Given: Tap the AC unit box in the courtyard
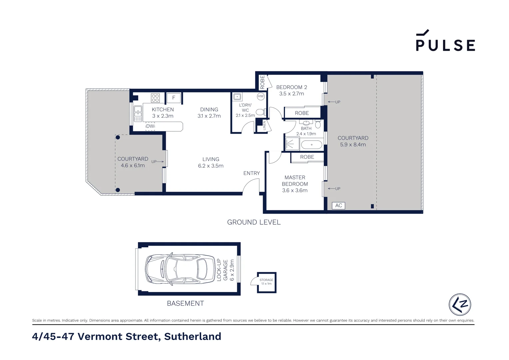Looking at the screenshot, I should [x=338, y=206].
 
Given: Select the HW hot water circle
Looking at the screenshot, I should [x=260, y=96].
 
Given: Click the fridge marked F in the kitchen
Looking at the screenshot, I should [x=174, y=98].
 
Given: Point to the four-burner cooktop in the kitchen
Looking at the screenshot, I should [x=155, y=98].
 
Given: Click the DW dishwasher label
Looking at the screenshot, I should [x=150, y=126].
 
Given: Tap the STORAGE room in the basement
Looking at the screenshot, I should [x=266, y=282].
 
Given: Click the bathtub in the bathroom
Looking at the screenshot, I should [x=311, y=145].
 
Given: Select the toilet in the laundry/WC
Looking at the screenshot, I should [x=261, y=112].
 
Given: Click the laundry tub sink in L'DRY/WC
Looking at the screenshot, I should [x=237, y=97].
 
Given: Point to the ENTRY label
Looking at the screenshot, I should [x=252, y=173].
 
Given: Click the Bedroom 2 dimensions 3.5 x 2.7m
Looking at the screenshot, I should [x=291, y=94].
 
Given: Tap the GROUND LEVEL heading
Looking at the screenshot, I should [x=254, y=222].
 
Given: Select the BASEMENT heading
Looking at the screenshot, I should [x=185, y=303].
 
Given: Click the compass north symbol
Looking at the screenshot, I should [x=460, y=304].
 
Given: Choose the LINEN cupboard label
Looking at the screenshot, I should [x=264, y=125].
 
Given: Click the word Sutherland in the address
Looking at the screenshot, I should [x=193, y=337].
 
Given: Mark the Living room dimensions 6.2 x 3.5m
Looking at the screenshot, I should [x=211, y=166].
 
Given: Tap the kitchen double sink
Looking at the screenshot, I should [x=138, y=114].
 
